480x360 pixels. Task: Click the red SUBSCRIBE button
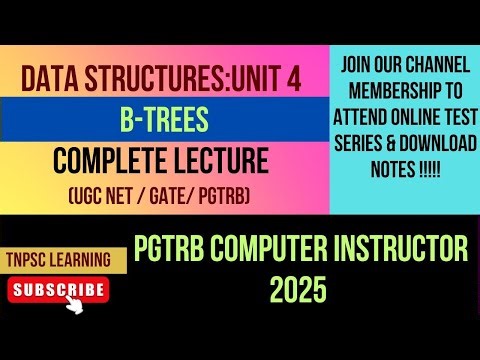coord(57,290)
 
